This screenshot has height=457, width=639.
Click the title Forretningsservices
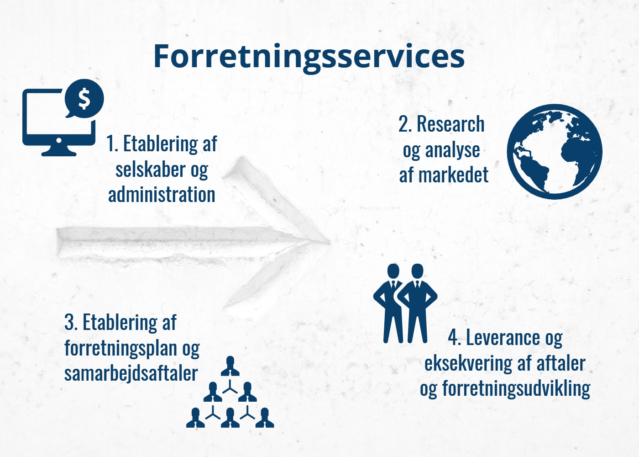tap(309, 57)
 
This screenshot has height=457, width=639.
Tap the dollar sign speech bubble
tap(84, 98)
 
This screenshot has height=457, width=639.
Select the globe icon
tap(555, 152)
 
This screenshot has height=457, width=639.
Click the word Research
tap(451, 124)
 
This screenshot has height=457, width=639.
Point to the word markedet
tap(454, 175)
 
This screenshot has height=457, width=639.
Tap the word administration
tap(162, 195)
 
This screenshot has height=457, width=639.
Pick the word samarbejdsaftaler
tap(131, 373)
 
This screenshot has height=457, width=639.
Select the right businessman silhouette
tap(417, 303)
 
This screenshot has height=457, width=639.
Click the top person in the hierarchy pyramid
tap(230, 366)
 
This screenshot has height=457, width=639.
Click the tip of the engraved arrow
tap(330, 243)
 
